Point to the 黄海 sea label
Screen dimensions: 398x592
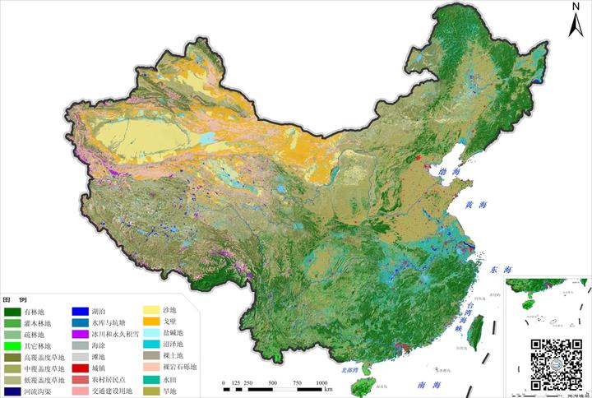click(475, 205)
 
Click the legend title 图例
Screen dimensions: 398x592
click(13, 300)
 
